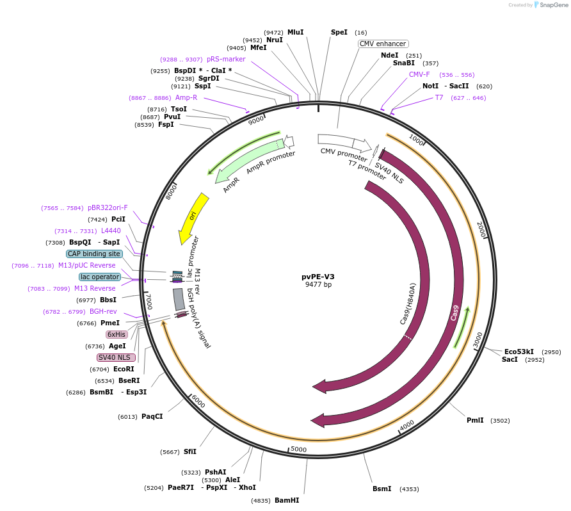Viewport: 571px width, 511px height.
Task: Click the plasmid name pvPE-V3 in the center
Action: click(x=318, y=277)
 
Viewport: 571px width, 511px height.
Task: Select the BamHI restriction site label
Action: click(x=287, y=500)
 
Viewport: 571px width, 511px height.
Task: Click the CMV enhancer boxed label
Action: click(x=383, y=44)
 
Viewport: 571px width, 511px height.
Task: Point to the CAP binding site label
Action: click(x=93, y=254)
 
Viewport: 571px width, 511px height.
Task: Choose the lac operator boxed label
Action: click(x=100, y=277)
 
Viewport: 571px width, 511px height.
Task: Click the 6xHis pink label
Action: click(x=117, y=334)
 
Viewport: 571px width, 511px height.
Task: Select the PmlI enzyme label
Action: click(x=475, y=420)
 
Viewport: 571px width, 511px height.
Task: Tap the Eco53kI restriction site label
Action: click(x=519, y=352)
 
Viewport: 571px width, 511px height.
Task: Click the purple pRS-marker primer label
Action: click(x=226, y=59)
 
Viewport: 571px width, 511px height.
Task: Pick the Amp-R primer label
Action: click(x=186, y=97)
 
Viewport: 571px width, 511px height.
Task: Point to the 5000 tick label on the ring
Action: click(x=299, y=449)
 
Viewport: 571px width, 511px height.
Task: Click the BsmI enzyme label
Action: click(x=382, y=489)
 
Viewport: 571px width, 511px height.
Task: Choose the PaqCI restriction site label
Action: click(x=152, y=416)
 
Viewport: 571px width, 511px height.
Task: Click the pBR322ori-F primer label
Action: click(x=108, y=207)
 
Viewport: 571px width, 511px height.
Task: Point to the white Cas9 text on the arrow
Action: click(x=454, y=313)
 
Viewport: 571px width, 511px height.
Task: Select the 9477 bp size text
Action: click(x=318, y=285)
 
